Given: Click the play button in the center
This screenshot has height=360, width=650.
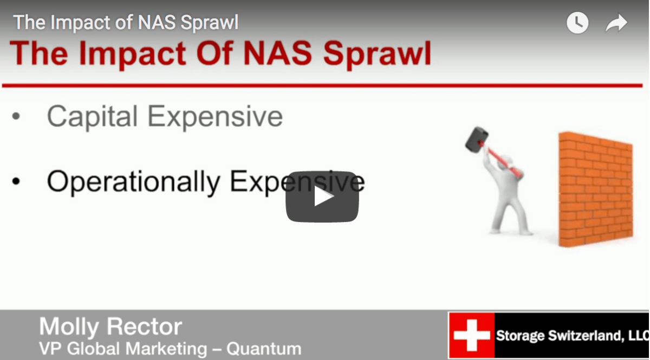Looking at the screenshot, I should [322, 197].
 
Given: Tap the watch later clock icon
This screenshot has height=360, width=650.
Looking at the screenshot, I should [577, 23].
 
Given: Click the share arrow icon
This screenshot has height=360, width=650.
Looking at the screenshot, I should [616, 23].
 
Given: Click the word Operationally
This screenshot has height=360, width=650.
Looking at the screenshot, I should [133, 182].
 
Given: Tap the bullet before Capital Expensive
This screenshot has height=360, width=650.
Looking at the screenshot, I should [16, 117].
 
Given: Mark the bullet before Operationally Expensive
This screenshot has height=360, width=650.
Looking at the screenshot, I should [16, 182].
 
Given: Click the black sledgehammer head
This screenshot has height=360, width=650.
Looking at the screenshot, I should [476, 139].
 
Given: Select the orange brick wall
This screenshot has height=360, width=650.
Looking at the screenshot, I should [596, 189].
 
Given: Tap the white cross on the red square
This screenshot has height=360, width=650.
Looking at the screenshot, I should [472, 336].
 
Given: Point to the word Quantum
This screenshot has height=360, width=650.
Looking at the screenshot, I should [264, 349].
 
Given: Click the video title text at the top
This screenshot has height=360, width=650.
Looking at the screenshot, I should [126, 23].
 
